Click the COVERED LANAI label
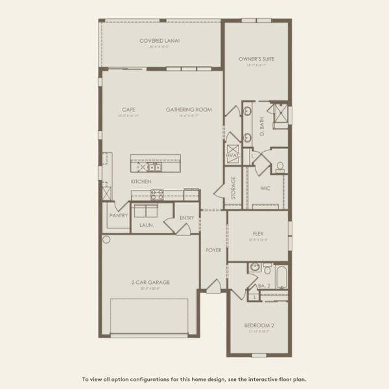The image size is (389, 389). click(159, 41)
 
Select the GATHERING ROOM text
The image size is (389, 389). click(189, 110)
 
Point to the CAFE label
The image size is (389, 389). click(128, 110)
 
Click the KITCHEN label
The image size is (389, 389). click(141, 182)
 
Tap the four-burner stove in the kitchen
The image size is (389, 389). click(157, 194)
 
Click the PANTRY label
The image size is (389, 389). click(118, 215)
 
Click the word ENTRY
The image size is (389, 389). click(187, 218)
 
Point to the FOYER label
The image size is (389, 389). click(213, 250)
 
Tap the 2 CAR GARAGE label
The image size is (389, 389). click(150, 283)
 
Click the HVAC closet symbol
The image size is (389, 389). click(232, 156)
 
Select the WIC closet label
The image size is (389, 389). click(265, 189)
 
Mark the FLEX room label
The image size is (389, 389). click(257, 233)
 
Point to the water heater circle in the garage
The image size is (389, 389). click(106, 239)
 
